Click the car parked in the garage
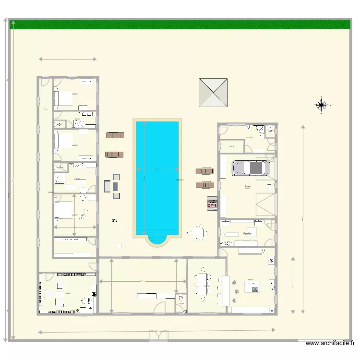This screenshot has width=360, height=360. click(250, 168)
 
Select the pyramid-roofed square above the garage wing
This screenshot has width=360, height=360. click(213, 93)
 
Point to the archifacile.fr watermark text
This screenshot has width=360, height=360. click(330, 343)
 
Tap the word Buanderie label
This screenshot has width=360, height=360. click(247, 233)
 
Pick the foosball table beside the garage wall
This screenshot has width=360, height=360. click(211, 204)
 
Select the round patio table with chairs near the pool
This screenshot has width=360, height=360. click(197, 233)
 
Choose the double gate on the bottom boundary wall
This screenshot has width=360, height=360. click(159, 336)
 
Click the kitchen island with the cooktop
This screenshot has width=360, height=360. click(252, 288)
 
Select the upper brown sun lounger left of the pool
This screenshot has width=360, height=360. click(115, 135)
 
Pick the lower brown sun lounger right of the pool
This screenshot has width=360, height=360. click(204, 185)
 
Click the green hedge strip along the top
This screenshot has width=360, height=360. click(180, 24)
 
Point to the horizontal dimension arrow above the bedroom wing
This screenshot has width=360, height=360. click(68, 60)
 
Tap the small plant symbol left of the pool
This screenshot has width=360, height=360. click(114, 221)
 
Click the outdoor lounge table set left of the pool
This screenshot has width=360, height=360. click(112, 186)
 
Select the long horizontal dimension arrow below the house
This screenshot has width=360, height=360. click(156, 330)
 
